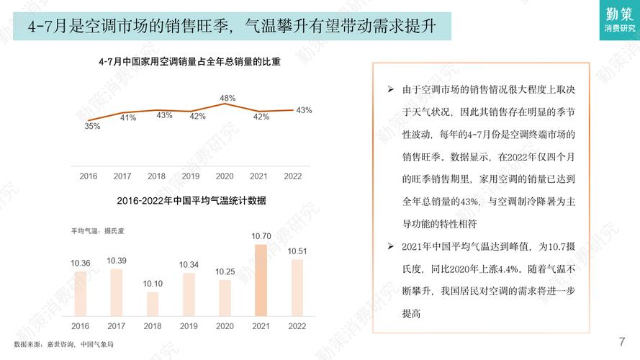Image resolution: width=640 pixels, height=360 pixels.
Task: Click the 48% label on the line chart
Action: pyautogui.click(x=227, y=98)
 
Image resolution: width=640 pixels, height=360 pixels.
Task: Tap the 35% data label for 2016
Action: pyautogui.click(x=92, y=127)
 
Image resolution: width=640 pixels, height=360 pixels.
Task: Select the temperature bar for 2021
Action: pyautogui.click(x=261, y=282)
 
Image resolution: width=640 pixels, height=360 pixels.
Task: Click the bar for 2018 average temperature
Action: pyautogui.click(x=153, y=304)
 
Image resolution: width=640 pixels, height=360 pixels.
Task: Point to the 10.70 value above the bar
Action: pyautogui.click(x=261, y=236)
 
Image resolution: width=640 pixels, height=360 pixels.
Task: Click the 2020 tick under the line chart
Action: pyautogui.click(x=225, y=176)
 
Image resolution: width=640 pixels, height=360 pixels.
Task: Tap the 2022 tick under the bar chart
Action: pyautogui.click(x=297, y=326)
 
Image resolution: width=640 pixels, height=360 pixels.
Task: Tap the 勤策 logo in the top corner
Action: pyautogui.click(x=620, y=19)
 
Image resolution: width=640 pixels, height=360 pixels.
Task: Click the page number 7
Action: pyautogui.click(x=621, y=341)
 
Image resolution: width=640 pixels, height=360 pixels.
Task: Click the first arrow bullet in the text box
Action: pyautogui.click(x=390, y=90)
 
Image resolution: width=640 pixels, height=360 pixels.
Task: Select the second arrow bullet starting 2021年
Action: pyautogui.click(x=390, y=247)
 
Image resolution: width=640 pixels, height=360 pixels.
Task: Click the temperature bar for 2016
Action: pyautogui.click(x=81, y=292)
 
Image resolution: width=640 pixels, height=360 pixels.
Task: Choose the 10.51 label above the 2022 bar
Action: pyautogui.click(x=297, y=251)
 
